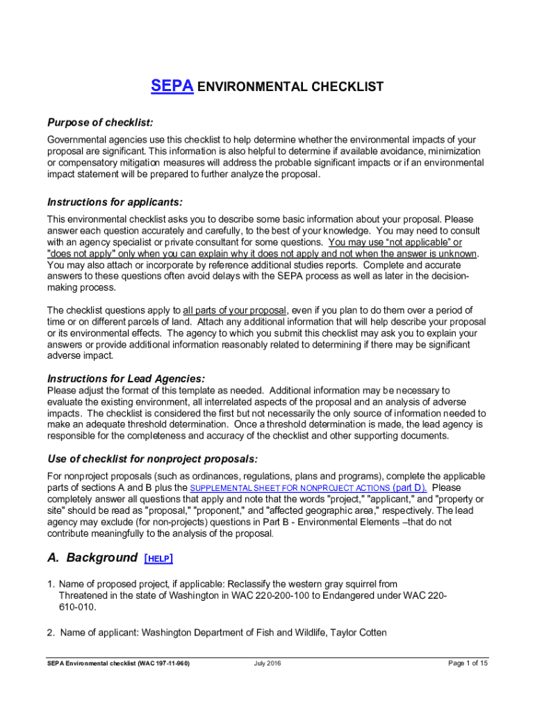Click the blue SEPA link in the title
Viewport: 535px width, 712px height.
point(172,87)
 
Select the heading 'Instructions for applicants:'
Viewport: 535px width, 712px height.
point(115,202)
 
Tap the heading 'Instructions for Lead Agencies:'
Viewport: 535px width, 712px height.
point(126,378)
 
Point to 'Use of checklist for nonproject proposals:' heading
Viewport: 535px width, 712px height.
point(152,459)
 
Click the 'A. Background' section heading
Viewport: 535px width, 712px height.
point(92,558)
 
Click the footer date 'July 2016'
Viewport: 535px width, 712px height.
point(267,663)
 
